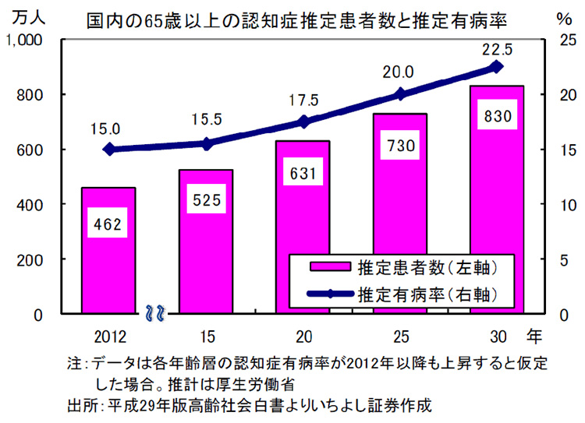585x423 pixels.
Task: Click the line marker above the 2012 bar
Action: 109,150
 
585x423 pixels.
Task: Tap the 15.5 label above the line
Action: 206,120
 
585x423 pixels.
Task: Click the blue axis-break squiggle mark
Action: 154,314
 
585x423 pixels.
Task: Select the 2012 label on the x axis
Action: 108,337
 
